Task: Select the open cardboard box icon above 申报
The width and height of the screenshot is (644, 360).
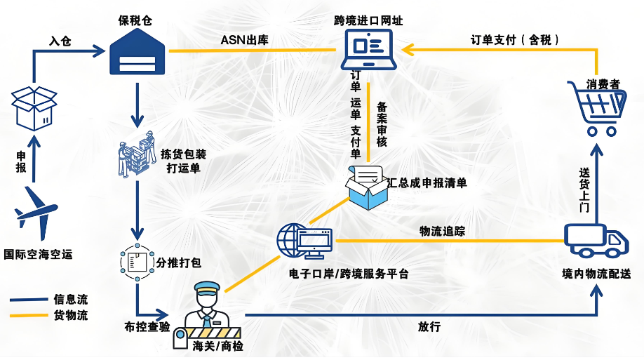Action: click(36, 107)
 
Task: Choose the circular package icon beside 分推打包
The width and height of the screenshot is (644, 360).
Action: click(136, 262)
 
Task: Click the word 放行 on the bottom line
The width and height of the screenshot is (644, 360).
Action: click(429, 326)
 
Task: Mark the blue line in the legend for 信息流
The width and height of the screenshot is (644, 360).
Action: click(27, 300)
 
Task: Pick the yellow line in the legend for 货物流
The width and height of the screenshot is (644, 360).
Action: click(27, 316)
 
